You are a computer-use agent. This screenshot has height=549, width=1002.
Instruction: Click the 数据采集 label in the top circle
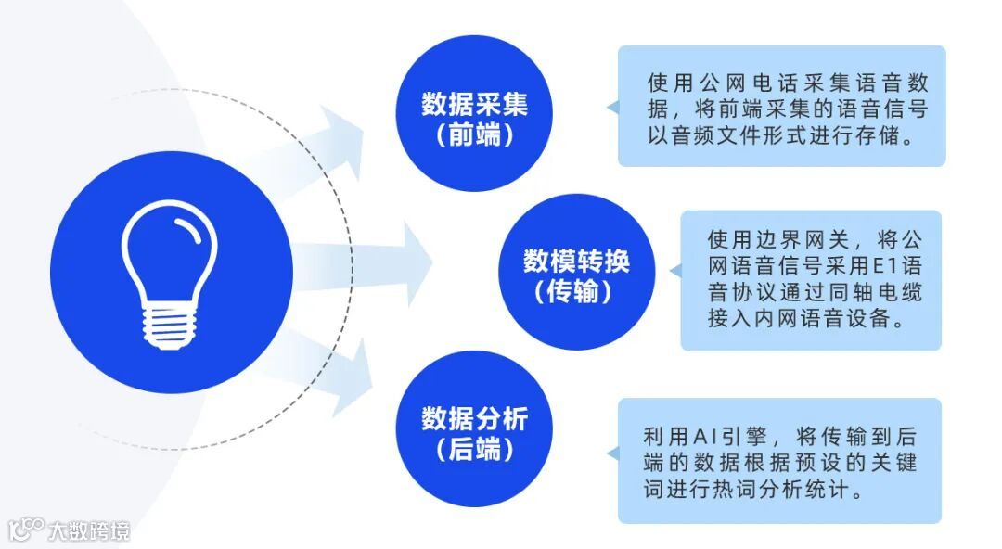point(474,103)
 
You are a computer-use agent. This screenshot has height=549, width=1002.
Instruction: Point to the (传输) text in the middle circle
point(575,293)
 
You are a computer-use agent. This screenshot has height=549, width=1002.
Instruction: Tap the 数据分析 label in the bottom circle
point(474,418)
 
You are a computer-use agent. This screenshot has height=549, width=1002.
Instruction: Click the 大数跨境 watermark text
point(90,530)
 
